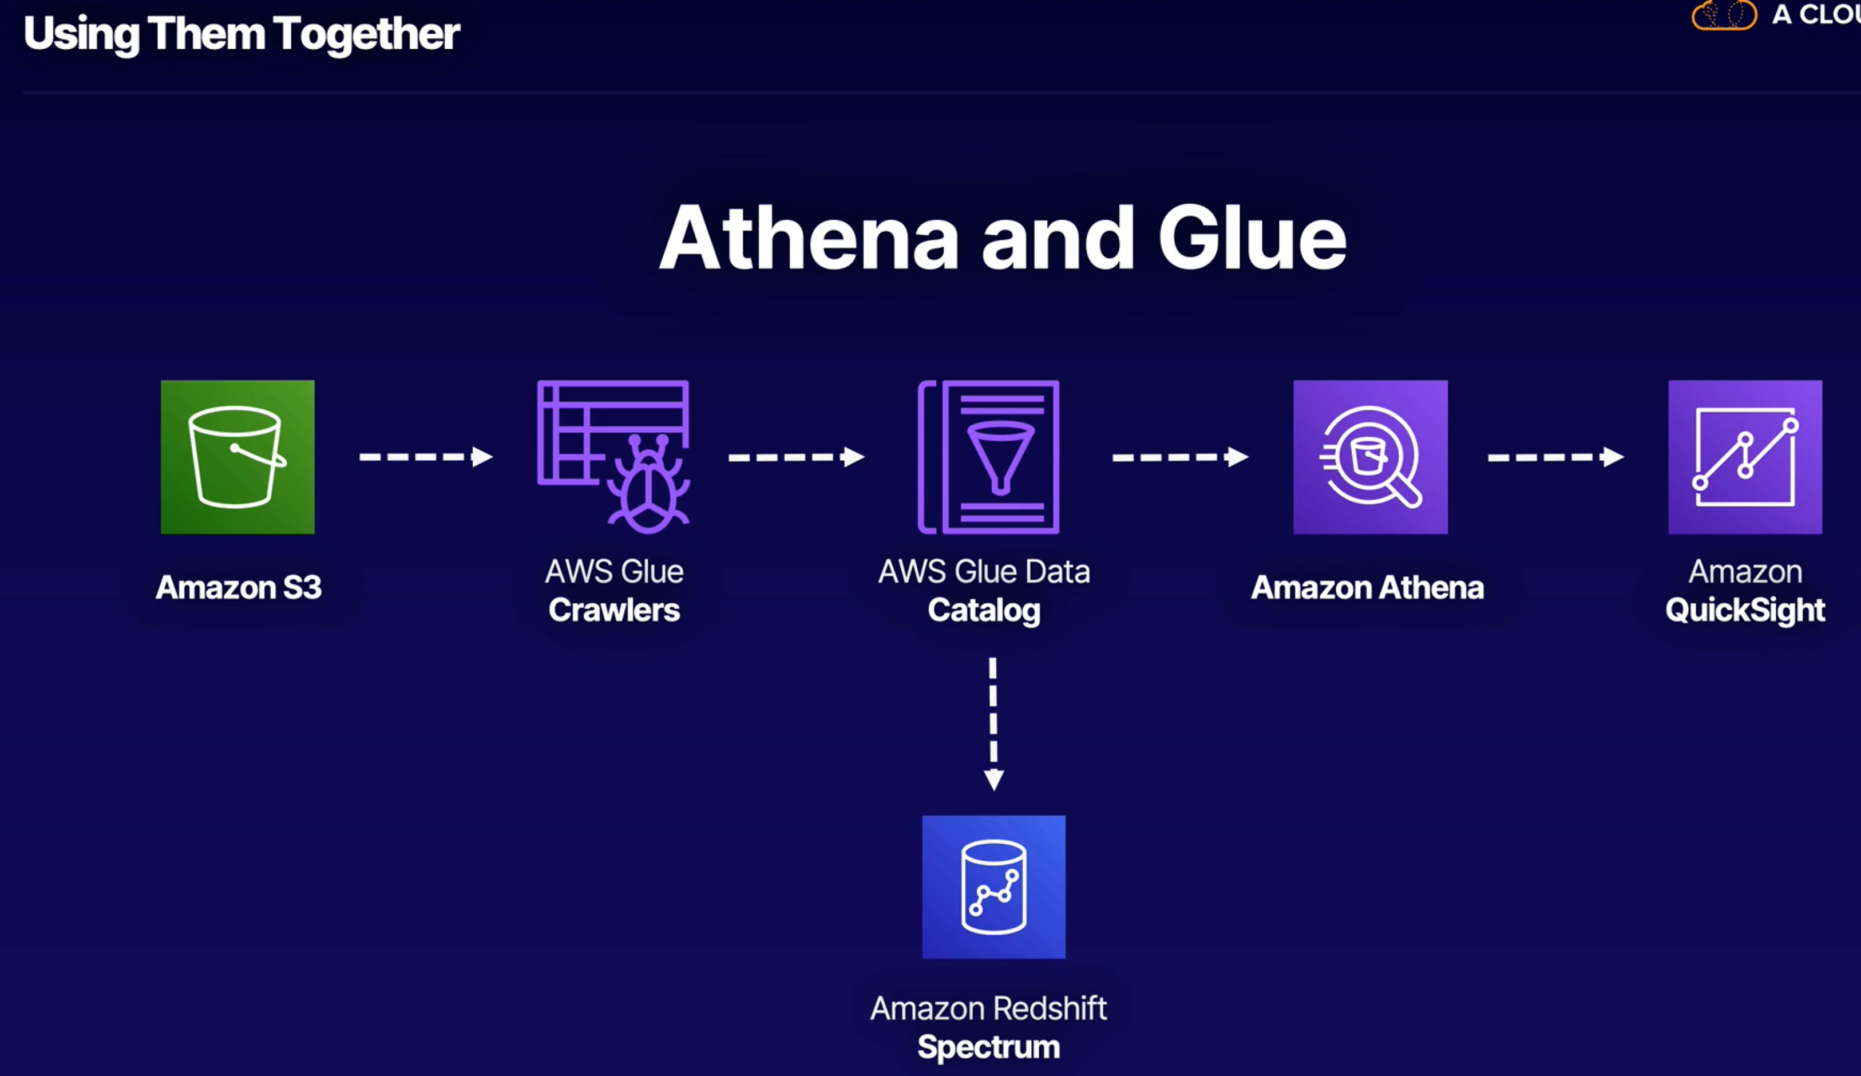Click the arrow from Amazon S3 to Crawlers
(425, 457)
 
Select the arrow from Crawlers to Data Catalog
(795, 457)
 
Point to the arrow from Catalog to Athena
(1179, 457)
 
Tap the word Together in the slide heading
(366, 34)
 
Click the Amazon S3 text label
(239, 587)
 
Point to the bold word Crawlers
(613, 610)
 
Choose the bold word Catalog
(984, 611)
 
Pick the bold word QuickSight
(1744, 611)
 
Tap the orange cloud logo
(1724, 15)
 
